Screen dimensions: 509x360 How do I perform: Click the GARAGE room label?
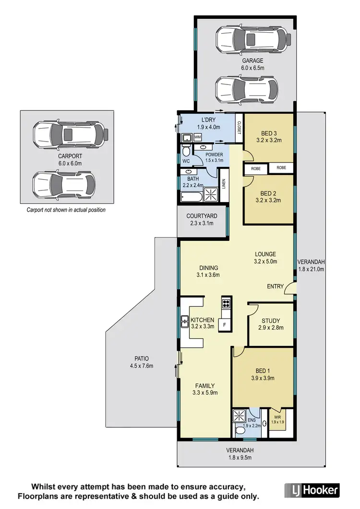tap(252, 61)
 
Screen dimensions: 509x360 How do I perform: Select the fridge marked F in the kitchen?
tap(224, 325)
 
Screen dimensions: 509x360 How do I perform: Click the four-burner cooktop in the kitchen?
tap(226, 303)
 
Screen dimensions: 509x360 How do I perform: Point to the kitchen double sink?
tap(184, 322)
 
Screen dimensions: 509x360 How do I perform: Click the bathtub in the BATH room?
tap(192, 196)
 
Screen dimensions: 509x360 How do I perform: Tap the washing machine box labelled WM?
tap(198, 137)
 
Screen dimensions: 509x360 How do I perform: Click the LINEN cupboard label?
tap(223, 184)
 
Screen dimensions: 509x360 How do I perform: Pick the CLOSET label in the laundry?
tap(239, 128)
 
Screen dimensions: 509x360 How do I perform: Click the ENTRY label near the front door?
tap(275, 286)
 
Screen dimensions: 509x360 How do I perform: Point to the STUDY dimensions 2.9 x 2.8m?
tap(271, 328)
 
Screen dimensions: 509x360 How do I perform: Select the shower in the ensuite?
tap(239, 415)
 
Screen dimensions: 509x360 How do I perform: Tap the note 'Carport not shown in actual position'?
tap(65, 210)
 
